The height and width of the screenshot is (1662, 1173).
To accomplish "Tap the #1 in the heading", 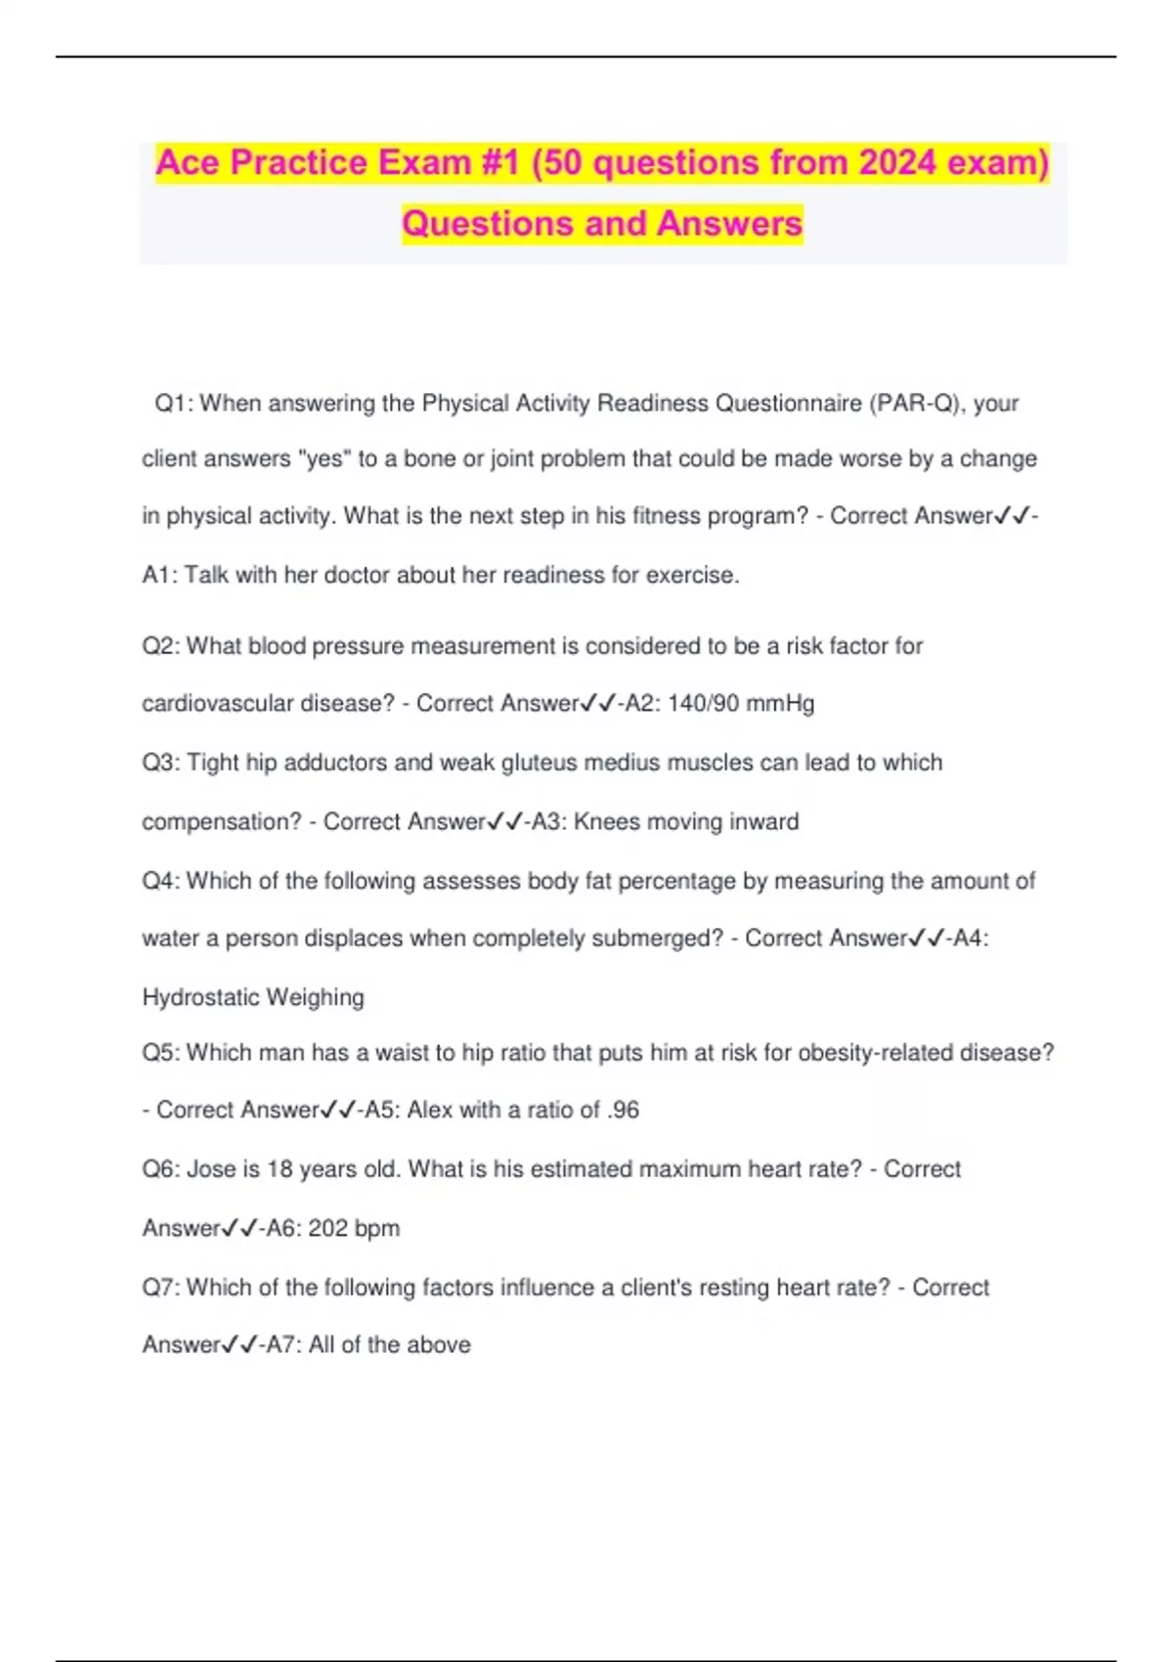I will (500, 162).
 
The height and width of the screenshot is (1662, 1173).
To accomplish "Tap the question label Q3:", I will (161, 763).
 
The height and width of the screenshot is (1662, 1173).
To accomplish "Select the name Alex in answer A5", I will (429, 1111).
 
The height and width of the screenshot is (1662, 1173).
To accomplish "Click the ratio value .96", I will (623, 1111).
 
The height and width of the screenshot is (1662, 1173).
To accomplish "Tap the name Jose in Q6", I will (210, 1169).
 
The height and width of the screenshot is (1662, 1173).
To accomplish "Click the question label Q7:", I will (161, 1288).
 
